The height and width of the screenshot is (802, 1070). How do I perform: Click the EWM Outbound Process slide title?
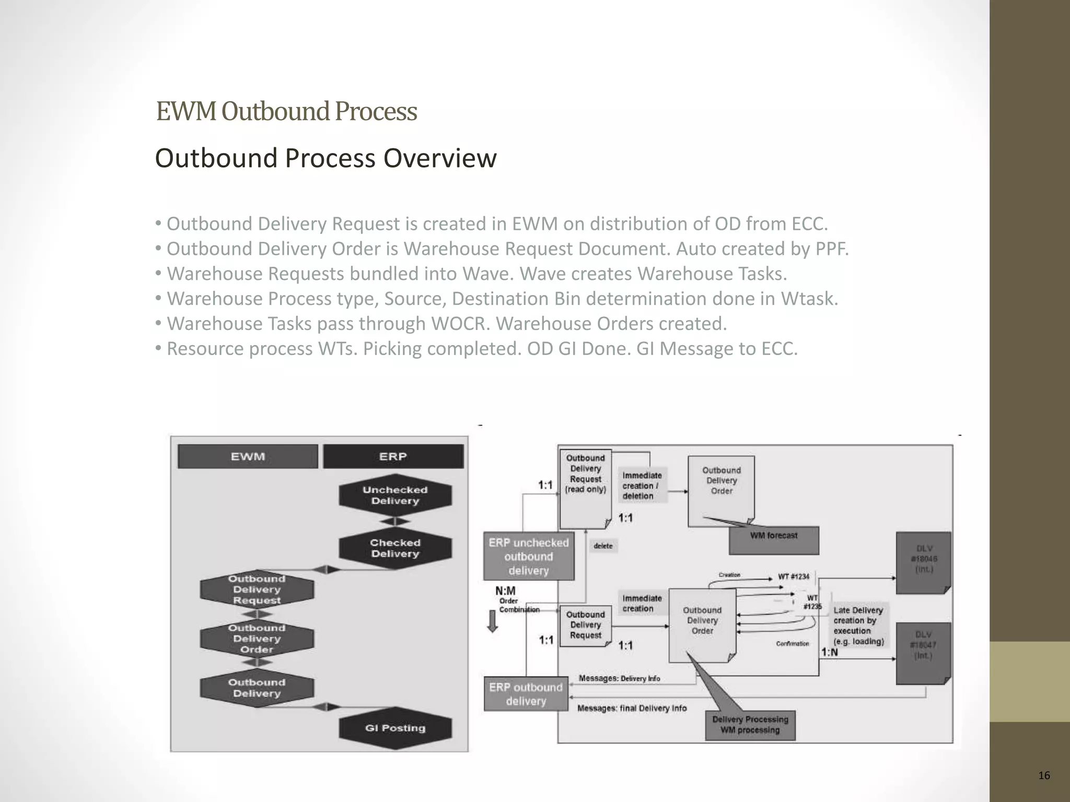[x=286, y=111]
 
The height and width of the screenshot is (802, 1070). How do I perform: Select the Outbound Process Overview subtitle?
[x=325, y=158]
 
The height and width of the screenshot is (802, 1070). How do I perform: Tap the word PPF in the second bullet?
[x=830, y=249]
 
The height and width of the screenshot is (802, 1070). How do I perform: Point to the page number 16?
[x=1044, y=775]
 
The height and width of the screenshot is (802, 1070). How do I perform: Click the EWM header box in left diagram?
[x=248, y=456]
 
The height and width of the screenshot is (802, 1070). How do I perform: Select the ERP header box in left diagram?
[x=393, y=456]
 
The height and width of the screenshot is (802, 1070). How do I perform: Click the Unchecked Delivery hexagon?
[x=395, y=496]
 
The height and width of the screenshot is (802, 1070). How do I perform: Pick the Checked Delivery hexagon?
[x=395, y=548]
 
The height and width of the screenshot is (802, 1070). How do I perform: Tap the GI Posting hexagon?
[x=395, y=728]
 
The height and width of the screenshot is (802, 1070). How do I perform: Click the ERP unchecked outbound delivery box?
[x=528, y=557]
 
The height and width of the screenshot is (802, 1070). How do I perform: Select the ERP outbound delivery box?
[x=526, y=694]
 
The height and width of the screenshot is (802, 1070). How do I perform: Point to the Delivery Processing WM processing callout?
[x=750, y=725]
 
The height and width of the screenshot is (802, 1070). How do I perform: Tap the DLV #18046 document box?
[x=923, y=562]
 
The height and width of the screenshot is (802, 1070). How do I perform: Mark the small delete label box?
[x=603, y=546]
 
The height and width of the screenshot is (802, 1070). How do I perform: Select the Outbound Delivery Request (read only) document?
[x=585, y=486]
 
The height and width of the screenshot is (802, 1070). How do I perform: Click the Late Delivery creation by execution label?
[x=858, y=626]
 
